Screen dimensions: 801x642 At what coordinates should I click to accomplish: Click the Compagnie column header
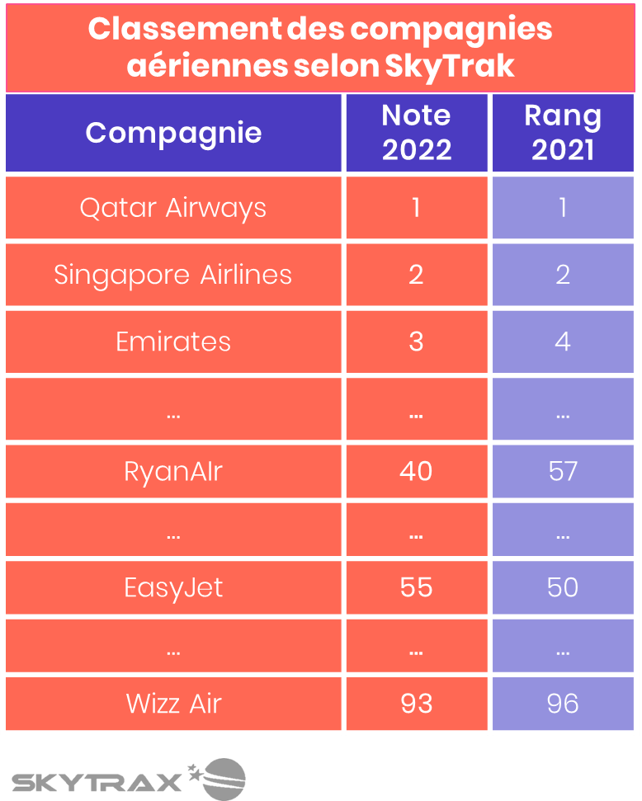173,133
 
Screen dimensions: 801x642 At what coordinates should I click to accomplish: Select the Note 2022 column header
416,133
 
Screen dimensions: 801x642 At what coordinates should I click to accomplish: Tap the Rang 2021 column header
563,133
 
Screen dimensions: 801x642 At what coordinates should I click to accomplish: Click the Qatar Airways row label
173,208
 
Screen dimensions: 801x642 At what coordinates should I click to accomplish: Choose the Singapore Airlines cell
173,275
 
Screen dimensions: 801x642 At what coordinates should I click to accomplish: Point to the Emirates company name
173,342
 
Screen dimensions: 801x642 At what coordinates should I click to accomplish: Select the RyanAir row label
173,471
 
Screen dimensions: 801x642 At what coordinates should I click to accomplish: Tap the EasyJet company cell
173,587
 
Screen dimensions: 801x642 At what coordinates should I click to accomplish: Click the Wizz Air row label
173,704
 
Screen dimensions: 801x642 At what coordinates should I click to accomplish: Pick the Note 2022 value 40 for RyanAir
416,471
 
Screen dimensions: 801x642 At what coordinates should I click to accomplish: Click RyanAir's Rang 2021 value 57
563,471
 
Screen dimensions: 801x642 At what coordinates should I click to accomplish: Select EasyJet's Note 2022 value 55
416,587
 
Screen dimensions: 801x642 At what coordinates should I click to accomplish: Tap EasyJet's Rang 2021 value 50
563,587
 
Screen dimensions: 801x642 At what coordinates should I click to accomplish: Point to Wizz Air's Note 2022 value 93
416,704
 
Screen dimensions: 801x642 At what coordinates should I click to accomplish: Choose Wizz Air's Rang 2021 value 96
563,704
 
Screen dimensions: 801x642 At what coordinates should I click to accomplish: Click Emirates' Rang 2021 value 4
563,342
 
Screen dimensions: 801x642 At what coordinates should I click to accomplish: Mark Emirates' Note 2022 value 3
416,342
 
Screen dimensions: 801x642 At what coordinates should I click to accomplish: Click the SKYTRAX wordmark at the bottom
97,781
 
